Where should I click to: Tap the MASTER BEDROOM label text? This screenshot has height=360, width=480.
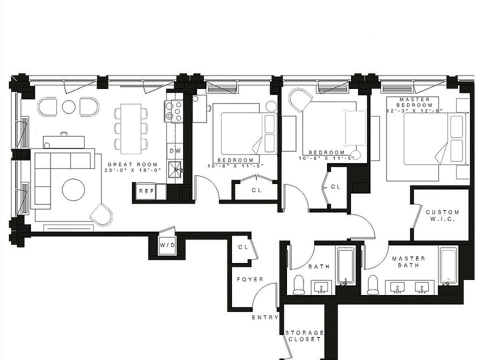414,102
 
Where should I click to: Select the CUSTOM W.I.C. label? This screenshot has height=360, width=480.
442,215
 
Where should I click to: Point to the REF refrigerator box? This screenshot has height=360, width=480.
145,191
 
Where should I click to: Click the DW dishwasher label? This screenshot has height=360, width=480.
174,150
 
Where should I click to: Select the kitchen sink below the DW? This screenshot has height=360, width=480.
175,169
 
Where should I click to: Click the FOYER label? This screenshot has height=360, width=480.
249,279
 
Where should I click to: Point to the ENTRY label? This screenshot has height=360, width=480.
265,317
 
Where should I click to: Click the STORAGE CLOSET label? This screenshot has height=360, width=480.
304,335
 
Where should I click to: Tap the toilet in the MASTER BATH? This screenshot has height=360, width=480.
373,284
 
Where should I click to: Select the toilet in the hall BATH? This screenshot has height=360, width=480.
299,284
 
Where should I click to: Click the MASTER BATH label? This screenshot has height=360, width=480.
408,261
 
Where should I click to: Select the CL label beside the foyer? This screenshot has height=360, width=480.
243,247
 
